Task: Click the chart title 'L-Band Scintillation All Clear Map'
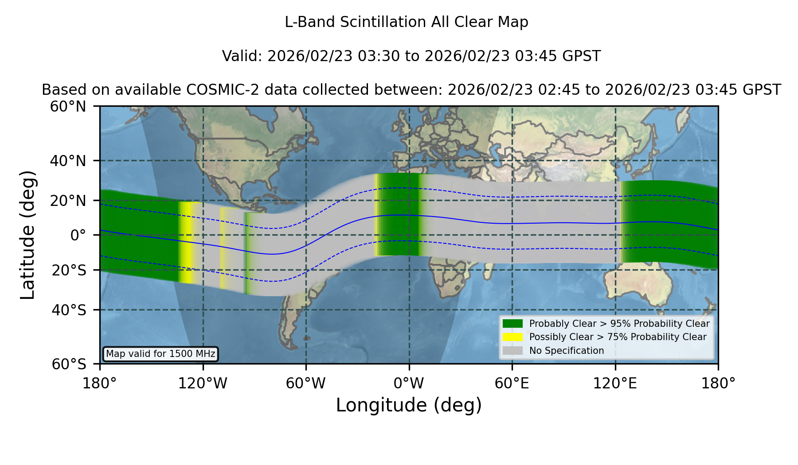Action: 407,22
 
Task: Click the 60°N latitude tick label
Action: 68,107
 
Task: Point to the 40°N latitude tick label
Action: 68,161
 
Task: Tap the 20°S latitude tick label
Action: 69,270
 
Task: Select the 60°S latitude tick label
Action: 69,364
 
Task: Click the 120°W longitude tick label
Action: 203,384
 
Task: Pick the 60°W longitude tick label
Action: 306,384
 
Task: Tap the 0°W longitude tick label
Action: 409,384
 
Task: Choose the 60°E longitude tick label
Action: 512,384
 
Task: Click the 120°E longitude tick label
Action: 615,384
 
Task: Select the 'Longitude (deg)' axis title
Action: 409,405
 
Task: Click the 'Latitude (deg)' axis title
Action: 27,235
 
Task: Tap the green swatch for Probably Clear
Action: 512,324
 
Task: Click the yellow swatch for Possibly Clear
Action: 512,337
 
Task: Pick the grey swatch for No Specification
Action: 512,351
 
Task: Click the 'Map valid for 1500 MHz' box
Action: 160,354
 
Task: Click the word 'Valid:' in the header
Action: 242,56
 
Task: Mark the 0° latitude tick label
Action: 78,235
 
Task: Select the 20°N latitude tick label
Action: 68,201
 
